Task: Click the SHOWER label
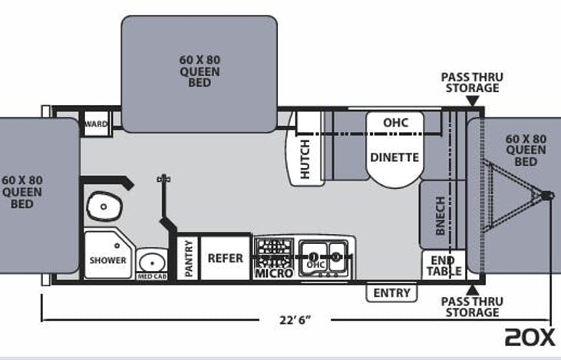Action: coord(107,260)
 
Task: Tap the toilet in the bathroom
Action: coord(104,206)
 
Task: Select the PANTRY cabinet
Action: coord(188,258)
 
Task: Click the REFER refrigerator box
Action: coord(225,258)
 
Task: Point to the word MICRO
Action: coord(274,273)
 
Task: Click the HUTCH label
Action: coord(305,159)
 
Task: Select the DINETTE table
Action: coord(394,150)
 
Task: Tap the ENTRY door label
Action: coord(391,293)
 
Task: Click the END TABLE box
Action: coord(444,265)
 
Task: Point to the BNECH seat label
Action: coord(441,216)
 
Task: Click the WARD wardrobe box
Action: coord(96,124)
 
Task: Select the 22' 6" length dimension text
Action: coord(295,319)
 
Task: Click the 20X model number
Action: coord(530,337)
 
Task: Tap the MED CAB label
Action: coord(152,276)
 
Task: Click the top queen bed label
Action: coord(200,71)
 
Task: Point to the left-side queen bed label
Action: coord(22,192)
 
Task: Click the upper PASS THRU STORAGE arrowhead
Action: coord(473,101)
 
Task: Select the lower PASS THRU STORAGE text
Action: coord(472,307)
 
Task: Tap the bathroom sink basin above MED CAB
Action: coord(152,263)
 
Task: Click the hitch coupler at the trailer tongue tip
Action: coord(548,196)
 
